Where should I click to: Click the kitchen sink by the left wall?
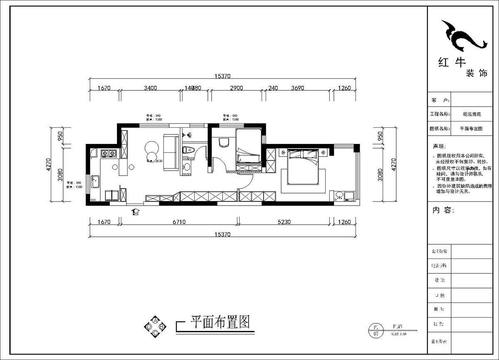tap(95, 182)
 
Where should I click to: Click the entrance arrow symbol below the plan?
tap(135, 212)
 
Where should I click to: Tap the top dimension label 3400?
tap(150, 88)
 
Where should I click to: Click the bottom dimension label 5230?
tap(284, 222)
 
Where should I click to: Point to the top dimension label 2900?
tap(236, 88)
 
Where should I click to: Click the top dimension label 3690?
tap(298, 88)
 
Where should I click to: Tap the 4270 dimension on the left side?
tap(48, 164)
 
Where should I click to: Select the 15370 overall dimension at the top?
tap(222, 76)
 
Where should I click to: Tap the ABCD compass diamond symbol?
tap(155, 327)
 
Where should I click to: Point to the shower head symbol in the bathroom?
tap(189, 134)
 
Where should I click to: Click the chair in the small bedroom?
tap(223, 142)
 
